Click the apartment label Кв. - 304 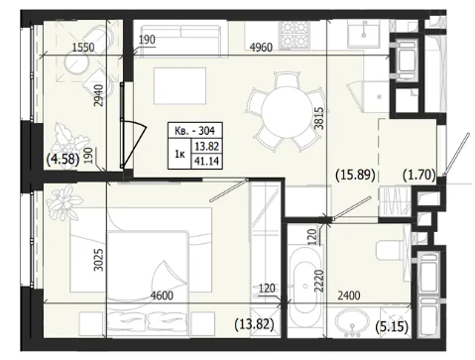[x=194, y=131]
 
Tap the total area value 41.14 [x=207, y=161]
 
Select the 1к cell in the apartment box [x=179, y=154]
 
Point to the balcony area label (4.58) [x=62, y=160]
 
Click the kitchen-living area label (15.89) [x=355, y=175]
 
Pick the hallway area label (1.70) [x=419, y=175]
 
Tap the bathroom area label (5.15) [x=392, y=327]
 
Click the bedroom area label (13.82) [x=254, y=324]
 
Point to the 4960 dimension [x=261, y=48]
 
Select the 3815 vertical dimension [x=319, y=118]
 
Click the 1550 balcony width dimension [x=83, y=48]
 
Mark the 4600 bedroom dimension [x=162, y=296]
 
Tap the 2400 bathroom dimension [x=349, y=296]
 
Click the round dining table [x=288, y=112]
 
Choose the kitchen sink [x=363, y=33]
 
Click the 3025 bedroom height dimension [x=98, y=260]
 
